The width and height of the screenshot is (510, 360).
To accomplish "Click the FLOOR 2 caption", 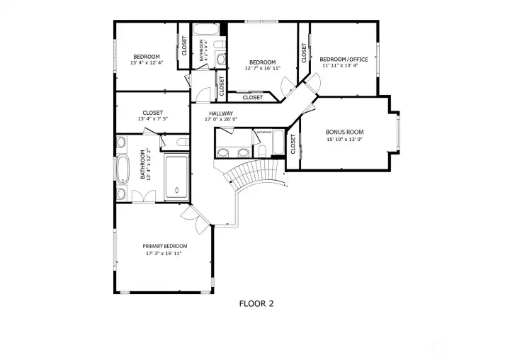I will [x=256, y=303].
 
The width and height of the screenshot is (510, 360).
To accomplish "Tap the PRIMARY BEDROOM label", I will [x=164, y=246].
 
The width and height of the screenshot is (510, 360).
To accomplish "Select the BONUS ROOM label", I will [x=344, y=132].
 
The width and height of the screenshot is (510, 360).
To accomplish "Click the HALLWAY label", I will [x=221, y=113].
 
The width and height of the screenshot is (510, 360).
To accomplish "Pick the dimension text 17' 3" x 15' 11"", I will [x=164, y=253].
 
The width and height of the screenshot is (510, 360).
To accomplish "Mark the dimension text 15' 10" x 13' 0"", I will [x=344, y=140].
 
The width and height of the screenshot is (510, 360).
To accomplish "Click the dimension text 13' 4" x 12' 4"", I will [x=147, y=63].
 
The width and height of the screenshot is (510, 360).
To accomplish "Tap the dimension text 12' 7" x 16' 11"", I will [x=262, y=69].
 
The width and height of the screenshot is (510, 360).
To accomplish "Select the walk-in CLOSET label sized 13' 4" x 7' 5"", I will [x=152, y=113].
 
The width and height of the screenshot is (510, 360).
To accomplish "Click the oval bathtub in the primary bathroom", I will [x=123, y=170].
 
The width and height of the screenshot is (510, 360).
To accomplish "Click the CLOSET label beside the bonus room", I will [x=293, y=145].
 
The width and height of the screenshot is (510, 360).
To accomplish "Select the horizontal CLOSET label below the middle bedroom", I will [x=252, y=98].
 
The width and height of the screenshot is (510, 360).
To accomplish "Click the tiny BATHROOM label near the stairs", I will [x=264, y=132].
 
